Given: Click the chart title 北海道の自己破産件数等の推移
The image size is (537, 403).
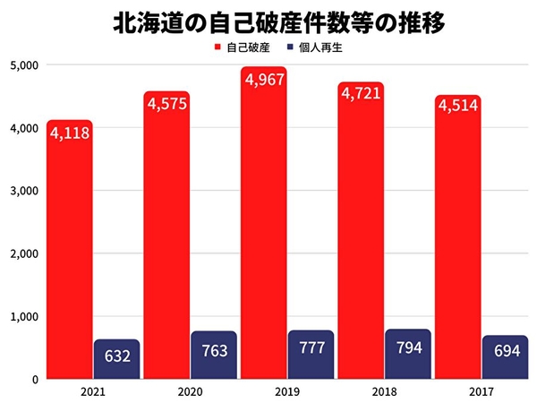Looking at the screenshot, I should point(268,21).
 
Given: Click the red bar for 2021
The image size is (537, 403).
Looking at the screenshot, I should point(70,260).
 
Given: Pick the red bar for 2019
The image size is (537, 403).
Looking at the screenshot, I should point(263,233).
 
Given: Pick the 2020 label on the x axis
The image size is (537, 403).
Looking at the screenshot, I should point(190,391).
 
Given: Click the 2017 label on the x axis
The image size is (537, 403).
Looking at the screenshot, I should point(481,391).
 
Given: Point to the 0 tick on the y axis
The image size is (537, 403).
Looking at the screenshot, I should point(32,379).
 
